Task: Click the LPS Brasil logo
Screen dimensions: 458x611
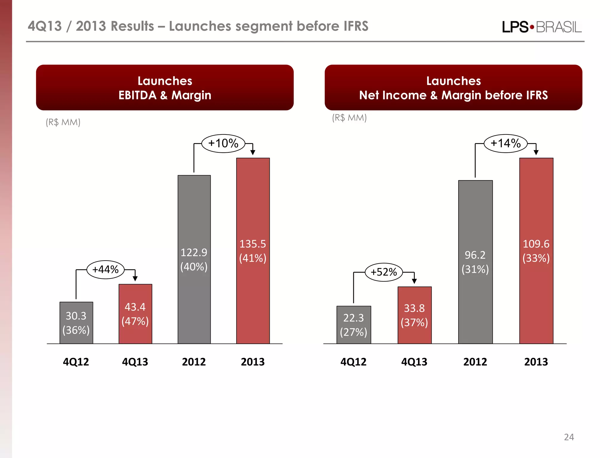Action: click(x=541, y=27)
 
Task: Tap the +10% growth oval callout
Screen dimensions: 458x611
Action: click(x=223, y=143)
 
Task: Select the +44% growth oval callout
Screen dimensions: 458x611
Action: click(x=105, y=270)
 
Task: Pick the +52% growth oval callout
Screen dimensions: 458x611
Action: click(x=384, y=272)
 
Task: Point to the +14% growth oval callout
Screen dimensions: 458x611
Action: click(x=505, y=143)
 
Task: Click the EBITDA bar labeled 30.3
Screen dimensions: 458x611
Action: click(x=76, y=323)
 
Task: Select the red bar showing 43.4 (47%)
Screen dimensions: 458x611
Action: click(x=135, y=314)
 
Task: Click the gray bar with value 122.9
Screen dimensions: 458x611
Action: click(x=194, y=259)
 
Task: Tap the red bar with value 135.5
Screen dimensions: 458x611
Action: click(x=253, y=250)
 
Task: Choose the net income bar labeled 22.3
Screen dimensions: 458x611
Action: click(x=354, y=325)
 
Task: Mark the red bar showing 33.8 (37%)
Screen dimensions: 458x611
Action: click(x=414, y=315)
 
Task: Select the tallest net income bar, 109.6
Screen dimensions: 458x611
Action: click(x=536, y=250)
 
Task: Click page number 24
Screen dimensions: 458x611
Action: click(x=569, y=437)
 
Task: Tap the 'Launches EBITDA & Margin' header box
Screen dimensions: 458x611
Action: click(x=165, y=88)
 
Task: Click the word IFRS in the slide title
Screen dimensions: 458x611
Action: click(x=356, y=26)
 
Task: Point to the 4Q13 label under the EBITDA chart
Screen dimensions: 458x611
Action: click(x=135, y=362)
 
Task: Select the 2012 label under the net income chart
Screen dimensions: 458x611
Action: click(x=475, y=362)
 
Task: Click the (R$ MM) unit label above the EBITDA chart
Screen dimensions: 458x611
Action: click(x=63, y=122)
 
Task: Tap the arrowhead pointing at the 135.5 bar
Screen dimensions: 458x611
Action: click(x=253, y=153)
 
